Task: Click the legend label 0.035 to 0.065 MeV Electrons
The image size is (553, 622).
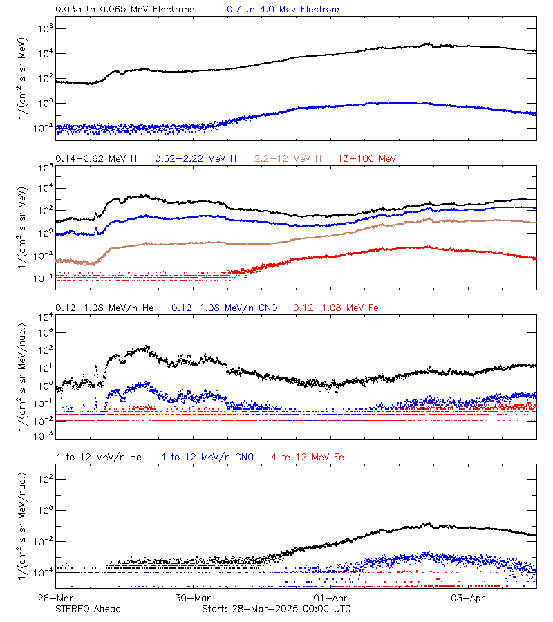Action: pyautogui.click(x=125, y=10)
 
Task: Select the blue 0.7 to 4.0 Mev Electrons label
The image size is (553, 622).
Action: pyautogui.click(x=284, y=10)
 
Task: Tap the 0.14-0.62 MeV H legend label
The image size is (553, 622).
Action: pyautogui.click(x=96, y=159)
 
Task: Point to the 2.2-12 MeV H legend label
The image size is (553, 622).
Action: pyautogui.click(x=288, y=159)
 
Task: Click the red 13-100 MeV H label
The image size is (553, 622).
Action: pyautogui.click(x=373, y=159)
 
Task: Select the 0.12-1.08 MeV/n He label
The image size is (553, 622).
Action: pyautogui.click(x=106, y=308)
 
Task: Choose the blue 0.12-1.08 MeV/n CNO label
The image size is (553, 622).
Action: pyautogui.click(x=224, y=308)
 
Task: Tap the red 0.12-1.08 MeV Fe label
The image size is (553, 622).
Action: pyautogui.click(x=335, y=308)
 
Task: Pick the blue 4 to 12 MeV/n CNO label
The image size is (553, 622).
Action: pyautogui.click(x=207, y=457)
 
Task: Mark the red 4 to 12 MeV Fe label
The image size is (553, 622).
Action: pyautogui.click(x=308, y=457)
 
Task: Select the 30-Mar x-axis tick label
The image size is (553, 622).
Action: pyautogui.click(x=192, y=597)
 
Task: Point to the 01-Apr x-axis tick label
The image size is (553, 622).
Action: pyautogui.click(x=330, y=597)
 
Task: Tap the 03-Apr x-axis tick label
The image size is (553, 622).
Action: pyautogui.click(x=467, y=597)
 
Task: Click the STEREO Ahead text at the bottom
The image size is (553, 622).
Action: pyautogui.click(x=88, y=609)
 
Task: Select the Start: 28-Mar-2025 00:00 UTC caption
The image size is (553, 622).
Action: pyautogui.click(x=276, y=609)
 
